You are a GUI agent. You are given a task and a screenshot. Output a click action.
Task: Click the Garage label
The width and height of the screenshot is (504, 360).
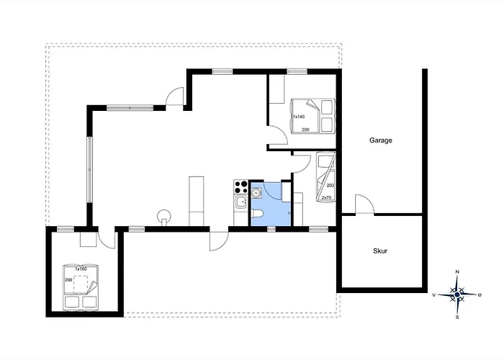(x=381, y=140)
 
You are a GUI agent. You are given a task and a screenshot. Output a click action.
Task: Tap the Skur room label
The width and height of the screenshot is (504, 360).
(x=380, y=251)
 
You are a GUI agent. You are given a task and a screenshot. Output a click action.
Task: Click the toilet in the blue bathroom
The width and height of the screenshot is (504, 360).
(x=258, y=213)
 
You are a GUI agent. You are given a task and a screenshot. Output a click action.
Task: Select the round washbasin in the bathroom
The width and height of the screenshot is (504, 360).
(x=256, y=193)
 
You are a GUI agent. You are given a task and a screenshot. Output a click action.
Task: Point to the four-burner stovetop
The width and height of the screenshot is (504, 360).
(x=241, y=187)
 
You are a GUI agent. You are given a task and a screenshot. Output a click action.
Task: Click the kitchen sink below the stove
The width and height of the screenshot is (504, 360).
(x=241, y=202)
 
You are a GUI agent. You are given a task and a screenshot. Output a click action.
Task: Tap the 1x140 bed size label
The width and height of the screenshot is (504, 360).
(x=299, y=117)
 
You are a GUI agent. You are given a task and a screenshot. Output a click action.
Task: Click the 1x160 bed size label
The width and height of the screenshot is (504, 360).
(x=81, y=269)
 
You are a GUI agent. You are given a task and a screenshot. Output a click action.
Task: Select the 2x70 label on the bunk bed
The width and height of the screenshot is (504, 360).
(x=327, y=197)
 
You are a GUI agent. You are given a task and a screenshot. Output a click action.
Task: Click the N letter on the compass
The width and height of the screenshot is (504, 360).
(x=457, y=272)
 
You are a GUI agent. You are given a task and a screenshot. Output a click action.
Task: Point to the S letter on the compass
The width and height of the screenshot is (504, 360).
(x=457, y=318)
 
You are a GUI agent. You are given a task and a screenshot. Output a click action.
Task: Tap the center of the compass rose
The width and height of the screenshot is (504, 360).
(x=457, y=294)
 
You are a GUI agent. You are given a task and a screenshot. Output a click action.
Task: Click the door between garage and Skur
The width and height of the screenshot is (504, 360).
(x=365, y=204)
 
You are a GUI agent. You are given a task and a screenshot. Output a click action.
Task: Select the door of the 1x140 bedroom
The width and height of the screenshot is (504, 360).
(x=278, y=135)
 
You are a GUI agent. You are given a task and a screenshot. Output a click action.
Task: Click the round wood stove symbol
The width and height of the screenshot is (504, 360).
(x=164, y=216)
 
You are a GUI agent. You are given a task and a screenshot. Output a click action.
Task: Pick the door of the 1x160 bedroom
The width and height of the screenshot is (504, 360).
(x=107, y=240)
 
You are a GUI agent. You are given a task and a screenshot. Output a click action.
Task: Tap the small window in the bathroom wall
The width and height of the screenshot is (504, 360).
(x=271, y=229)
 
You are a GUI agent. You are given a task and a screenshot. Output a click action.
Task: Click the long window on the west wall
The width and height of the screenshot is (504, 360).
(x=90, y=169)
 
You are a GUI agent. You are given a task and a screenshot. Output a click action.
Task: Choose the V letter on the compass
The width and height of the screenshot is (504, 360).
(x=434, y=295)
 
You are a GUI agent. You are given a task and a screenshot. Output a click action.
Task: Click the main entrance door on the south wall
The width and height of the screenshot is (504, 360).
(x=219, y=241)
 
